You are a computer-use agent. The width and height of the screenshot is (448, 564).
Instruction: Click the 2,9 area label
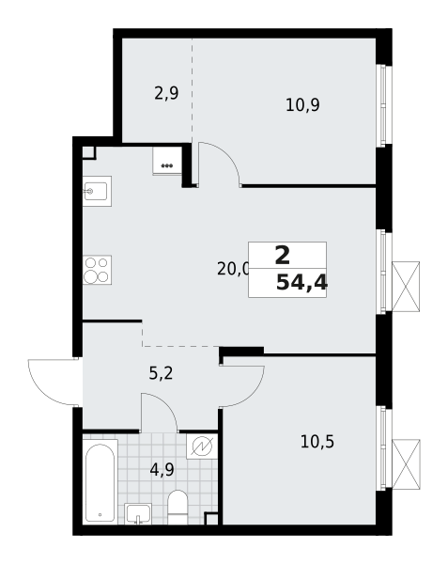tap(166, 93)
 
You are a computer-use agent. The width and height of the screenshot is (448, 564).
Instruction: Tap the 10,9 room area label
tap(302, 105)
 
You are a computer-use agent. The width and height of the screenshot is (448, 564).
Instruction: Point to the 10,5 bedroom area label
tap(317, 442)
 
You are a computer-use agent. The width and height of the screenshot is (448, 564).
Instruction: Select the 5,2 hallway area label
tap(161, 374)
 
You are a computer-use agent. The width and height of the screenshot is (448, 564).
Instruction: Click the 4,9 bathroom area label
tap(162, 469)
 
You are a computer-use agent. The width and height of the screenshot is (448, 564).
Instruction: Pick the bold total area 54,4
tap(301, 282)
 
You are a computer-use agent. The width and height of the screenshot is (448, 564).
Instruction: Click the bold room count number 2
tap(283, 256)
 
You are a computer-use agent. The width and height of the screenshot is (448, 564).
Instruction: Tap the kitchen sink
tap(97, 191)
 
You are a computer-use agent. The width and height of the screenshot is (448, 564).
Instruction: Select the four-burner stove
tap(97, 270)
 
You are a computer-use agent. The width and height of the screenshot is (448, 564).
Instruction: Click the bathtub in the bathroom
tap(100, 481)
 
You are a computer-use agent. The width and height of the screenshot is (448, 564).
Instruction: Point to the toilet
tap(178, 508)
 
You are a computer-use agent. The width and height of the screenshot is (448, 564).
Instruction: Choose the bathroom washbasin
tap(138, 513)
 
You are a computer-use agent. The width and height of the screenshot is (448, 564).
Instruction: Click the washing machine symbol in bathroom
tap(202, 446)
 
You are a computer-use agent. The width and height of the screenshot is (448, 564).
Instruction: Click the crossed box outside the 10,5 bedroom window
tap(406, 464)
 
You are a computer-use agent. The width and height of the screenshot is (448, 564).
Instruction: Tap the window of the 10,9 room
tap(384, 105)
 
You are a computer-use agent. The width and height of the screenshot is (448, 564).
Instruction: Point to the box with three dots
tap(166, 161)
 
